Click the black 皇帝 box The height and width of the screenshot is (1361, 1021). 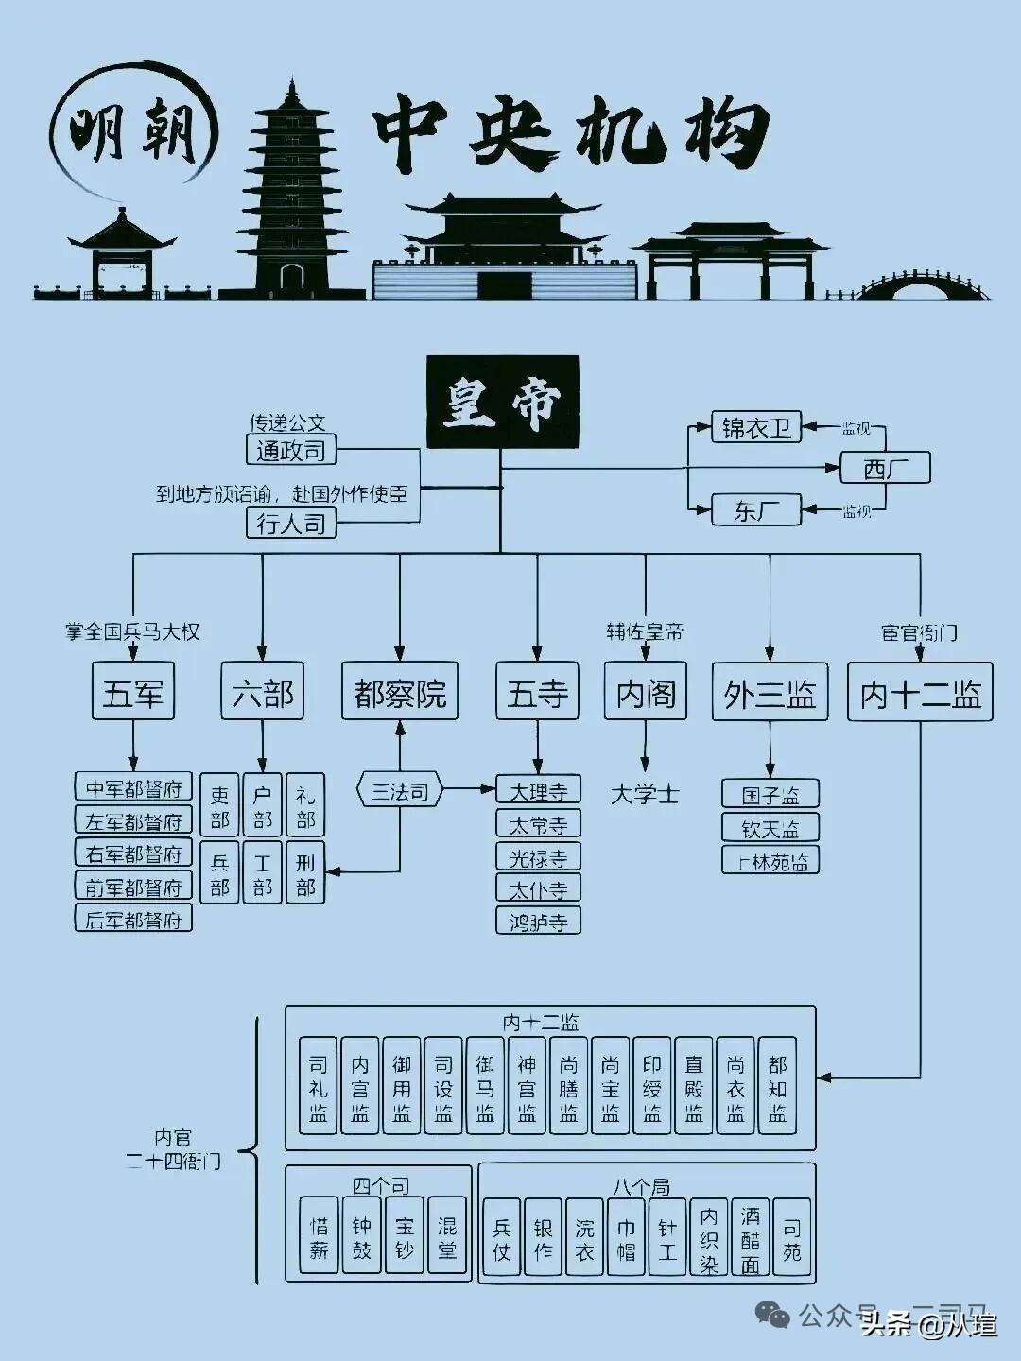[502, 402]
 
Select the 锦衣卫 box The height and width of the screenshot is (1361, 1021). [755, 427]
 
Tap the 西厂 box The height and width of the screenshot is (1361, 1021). [885, 468]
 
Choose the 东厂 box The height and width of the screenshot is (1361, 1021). [755, 510]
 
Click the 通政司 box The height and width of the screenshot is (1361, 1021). [291, 450]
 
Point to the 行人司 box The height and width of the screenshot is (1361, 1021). [291, 523]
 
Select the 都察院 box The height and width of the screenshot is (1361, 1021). [399, 693]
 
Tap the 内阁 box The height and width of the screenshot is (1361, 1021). [646, 693]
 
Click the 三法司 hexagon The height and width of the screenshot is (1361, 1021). [400, 791]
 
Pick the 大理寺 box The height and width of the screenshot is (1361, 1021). [538, 790]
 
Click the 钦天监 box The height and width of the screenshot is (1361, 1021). [770, 828]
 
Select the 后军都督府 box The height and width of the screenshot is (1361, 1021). [133, 919]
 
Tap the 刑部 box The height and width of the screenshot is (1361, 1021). [305, 873]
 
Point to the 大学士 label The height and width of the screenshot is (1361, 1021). [645, 794]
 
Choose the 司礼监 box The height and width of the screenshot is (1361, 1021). [319, 1087]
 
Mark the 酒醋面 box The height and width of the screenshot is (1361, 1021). [751, 1238]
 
